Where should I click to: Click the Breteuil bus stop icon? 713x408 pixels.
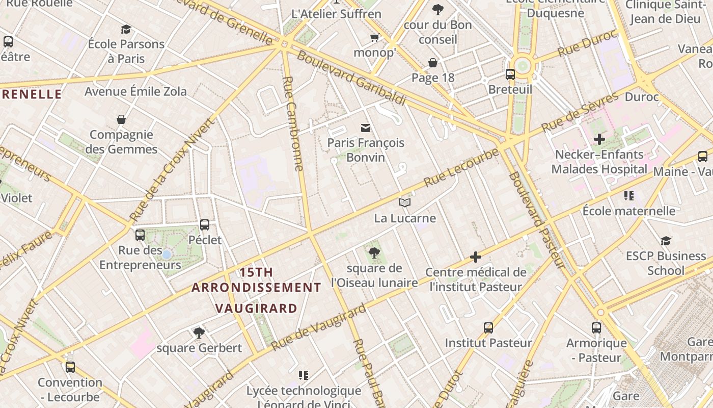[510, 74]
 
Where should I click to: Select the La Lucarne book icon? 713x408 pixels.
[405, 203]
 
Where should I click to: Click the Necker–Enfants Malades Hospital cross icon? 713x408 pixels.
[599, 139]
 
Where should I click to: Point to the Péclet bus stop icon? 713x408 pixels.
[205, 224]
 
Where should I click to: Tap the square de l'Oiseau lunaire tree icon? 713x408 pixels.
[374, 252]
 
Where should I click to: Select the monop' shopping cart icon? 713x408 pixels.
[375, 38]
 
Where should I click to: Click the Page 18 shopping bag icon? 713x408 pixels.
[432, 63]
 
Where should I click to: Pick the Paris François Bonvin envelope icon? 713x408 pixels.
[366, 127]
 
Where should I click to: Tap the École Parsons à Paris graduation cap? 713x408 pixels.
[126, 29]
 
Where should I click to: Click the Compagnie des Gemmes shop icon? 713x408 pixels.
[121, 119]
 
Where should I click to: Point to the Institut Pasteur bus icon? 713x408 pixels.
[488, 328]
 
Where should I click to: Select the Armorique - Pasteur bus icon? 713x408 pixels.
[596, 328]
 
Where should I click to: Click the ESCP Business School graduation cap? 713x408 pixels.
[666, 241]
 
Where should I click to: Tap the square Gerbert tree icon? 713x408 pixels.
[199, 333]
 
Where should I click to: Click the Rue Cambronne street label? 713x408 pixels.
[292, 123]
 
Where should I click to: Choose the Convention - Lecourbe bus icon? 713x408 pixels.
[70, 367]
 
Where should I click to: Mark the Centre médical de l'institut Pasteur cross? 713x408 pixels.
[476, 257]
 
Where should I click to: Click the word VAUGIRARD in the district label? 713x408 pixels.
[256, 308]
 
